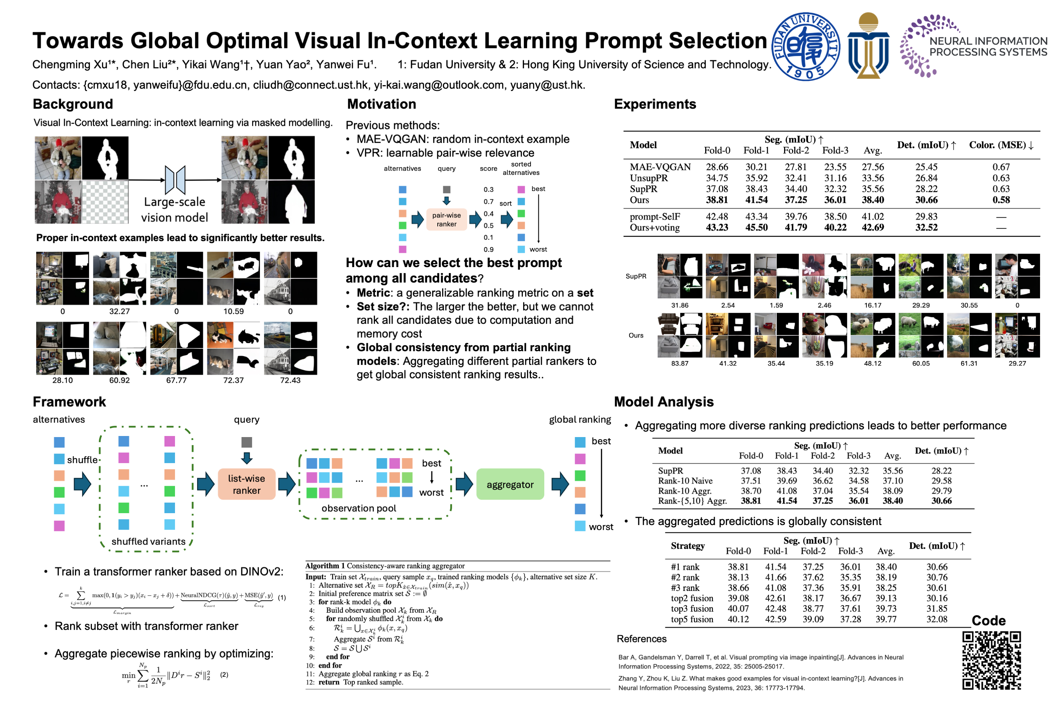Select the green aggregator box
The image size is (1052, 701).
click(510, 484)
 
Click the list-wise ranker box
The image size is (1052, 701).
click(247, 484)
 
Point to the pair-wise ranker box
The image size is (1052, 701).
click(446, 219)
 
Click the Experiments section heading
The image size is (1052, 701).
click(655, 104)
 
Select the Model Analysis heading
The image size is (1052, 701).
click(663, 402)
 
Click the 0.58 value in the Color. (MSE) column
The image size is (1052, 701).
click(1001, 200)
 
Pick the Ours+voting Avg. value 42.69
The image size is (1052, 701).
click(873, 227)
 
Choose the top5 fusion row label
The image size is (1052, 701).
click(692, 620)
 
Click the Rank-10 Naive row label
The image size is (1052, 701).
click(685, 481)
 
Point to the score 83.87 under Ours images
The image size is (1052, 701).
click(680, 363)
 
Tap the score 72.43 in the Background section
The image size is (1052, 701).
click(290, 380)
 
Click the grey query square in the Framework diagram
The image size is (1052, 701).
click(247, 442)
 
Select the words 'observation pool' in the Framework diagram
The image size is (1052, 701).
click(359, 508)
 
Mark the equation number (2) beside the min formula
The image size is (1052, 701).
click(224, 675)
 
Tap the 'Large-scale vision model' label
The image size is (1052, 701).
click(174, 210)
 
